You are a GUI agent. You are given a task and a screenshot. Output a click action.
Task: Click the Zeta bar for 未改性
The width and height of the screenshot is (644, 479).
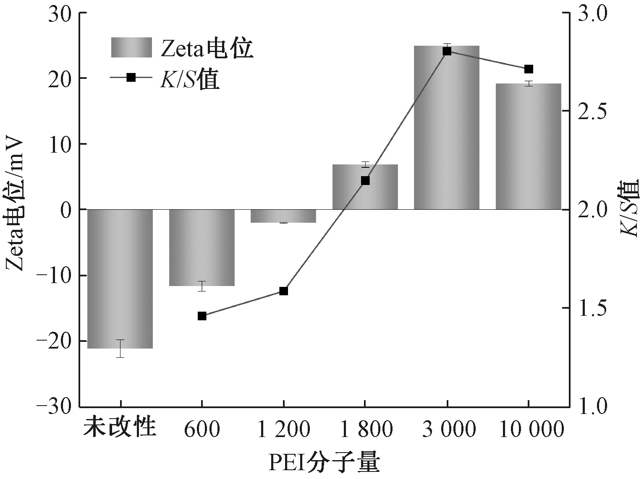pyautogui.click(x=120, y=279)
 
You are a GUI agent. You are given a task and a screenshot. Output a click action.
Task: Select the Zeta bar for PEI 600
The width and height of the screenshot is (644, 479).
pyautogui.click(x=202, y=247)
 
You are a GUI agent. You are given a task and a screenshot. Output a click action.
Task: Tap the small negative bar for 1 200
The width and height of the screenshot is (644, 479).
pyautogui.click(x=283, y=216)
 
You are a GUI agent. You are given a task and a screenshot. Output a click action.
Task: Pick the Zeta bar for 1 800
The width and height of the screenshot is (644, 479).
pyautogui.click(x=365, y=187)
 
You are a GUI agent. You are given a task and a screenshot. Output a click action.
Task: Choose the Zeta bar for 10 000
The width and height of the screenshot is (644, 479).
pyautogui.click(x=528, y=146)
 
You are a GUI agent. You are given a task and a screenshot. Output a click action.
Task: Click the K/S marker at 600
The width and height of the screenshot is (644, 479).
pyautogui.click(x=202, y=316)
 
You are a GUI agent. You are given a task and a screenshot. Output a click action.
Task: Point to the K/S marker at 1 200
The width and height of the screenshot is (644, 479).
pyautogui.click(x=283, y=291)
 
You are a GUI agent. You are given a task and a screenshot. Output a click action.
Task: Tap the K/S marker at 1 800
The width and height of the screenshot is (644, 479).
pyautogui.click(x=365, y=180)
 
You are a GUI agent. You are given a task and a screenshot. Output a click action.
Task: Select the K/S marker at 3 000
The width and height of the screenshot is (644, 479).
pyautogui.click(x=447, y=51)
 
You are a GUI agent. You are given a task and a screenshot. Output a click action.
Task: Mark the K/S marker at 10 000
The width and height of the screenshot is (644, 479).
pyautogui.click(x=528, y=69)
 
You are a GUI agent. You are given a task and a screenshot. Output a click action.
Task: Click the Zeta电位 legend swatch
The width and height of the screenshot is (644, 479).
pyautogui.click(x=131, y=47)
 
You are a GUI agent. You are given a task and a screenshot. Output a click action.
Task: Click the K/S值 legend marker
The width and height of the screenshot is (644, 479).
pyautogui.click(x=131, y=78)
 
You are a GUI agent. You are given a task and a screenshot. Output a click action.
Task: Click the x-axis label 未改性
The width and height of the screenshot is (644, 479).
pyautogui.click(x=120, y=429)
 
